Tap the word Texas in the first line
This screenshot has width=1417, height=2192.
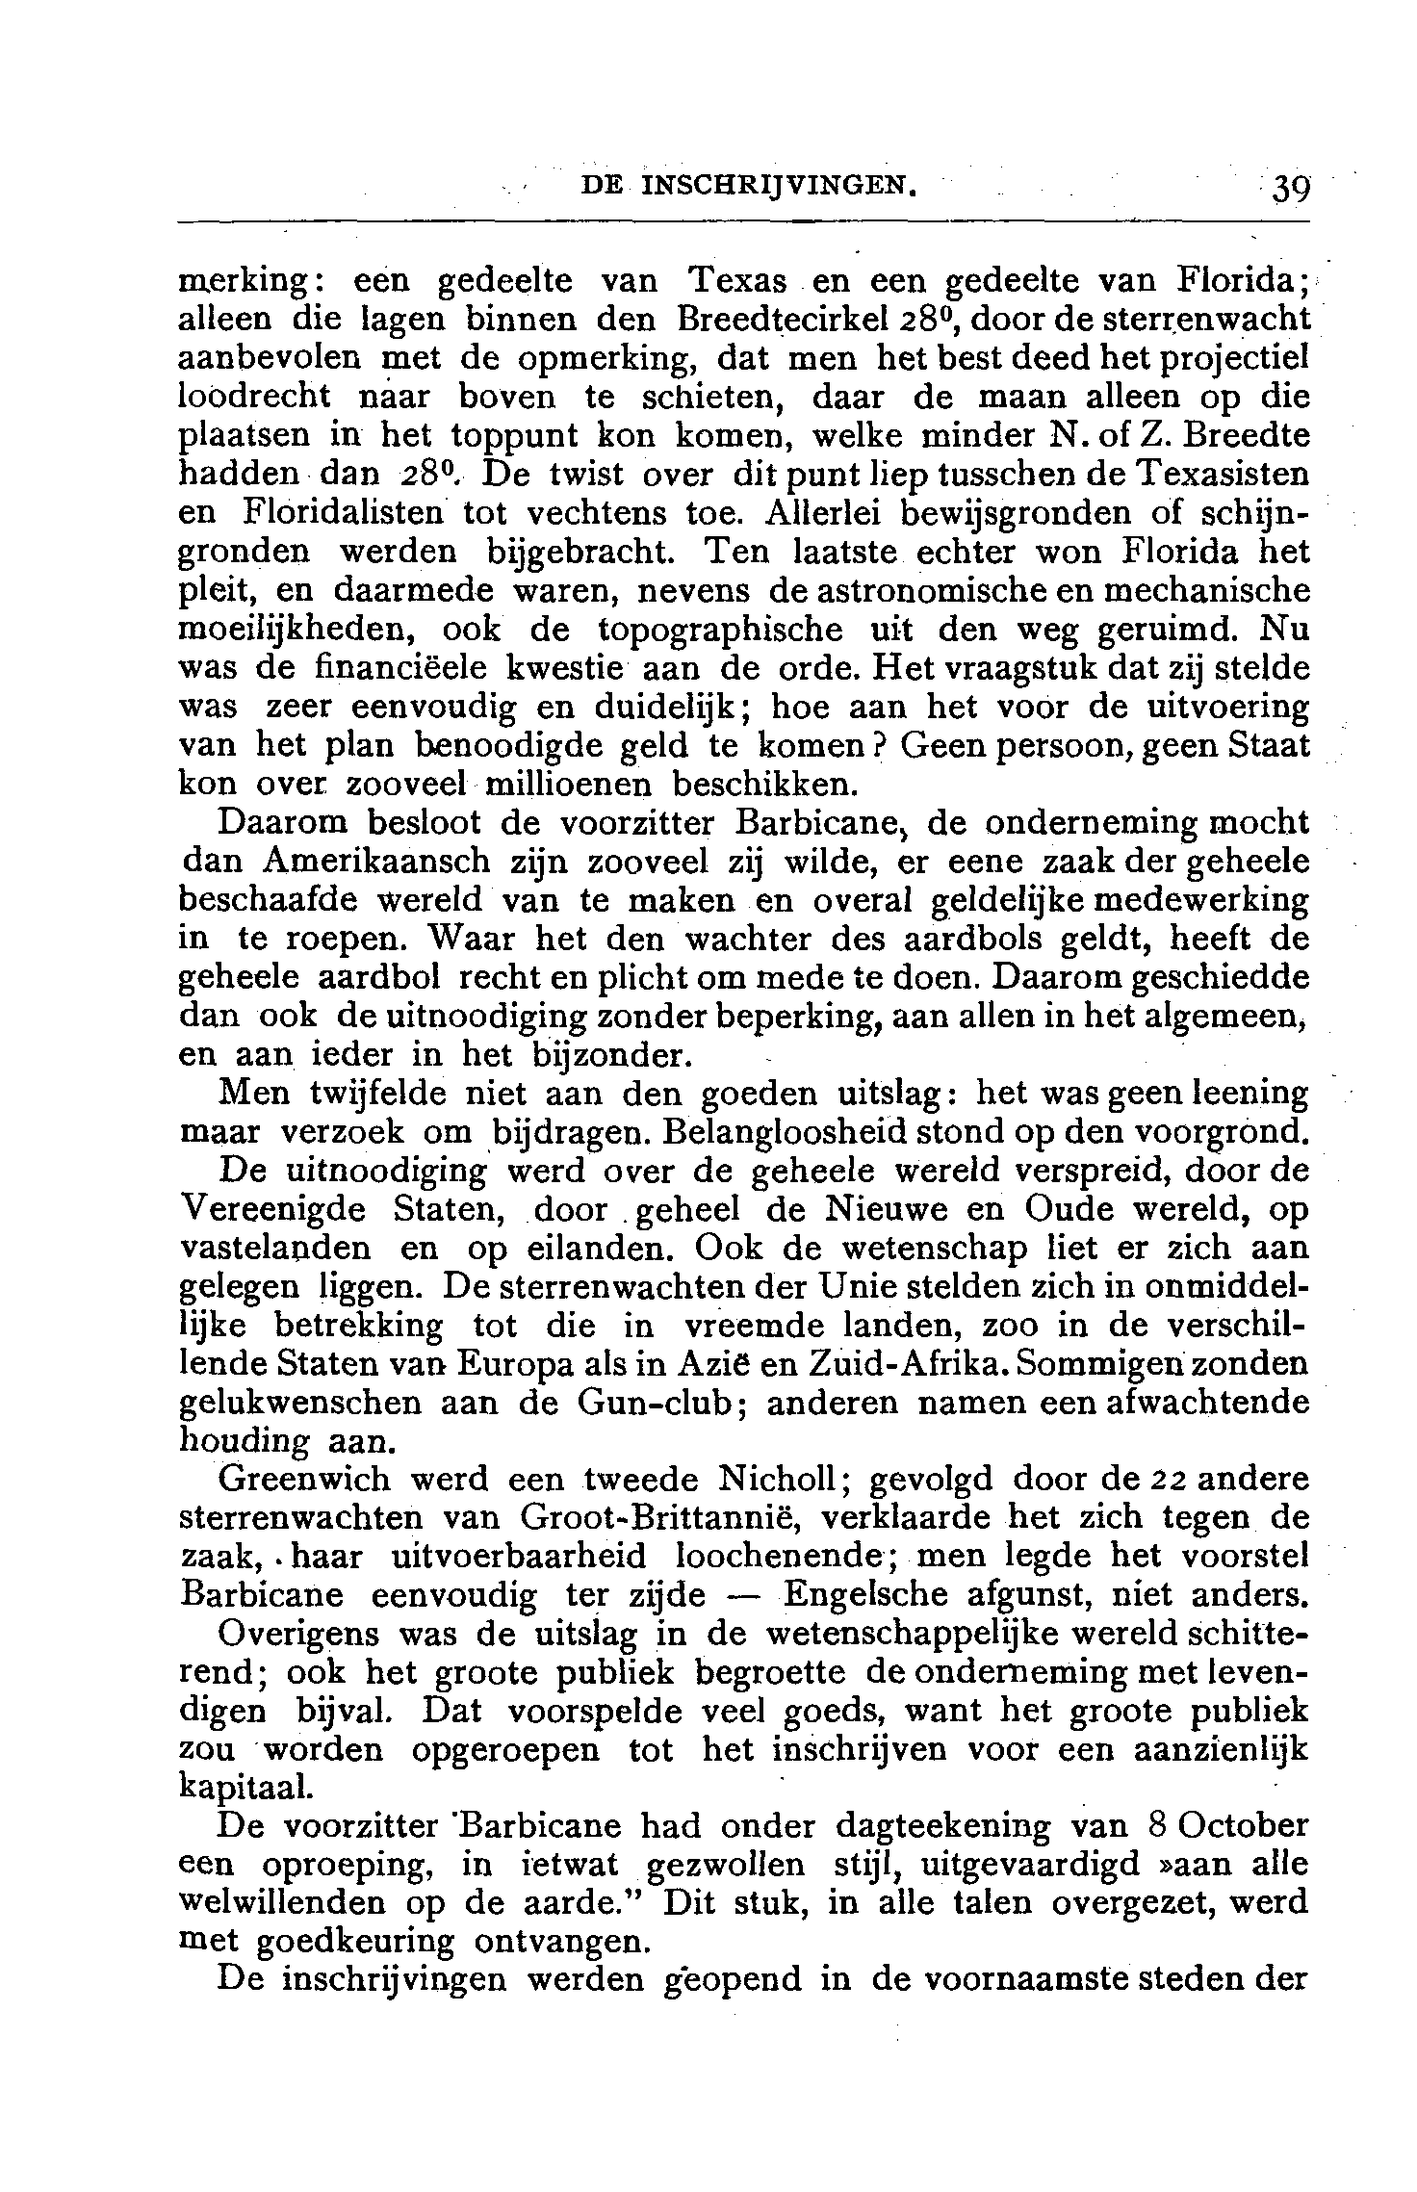click(x=736, y=281)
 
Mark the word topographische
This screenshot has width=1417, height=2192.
click(x=721, y=629)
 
